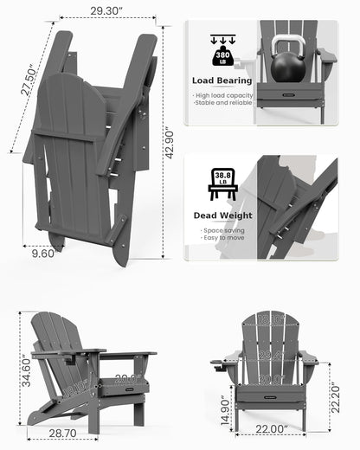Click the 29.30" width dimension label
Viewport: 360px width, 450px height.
(x=97, y=11)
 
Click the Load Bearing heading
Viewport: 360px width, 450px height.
(x=222, y=80)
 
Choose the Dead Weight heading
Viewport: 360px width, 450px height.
(x=222, y=215)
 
